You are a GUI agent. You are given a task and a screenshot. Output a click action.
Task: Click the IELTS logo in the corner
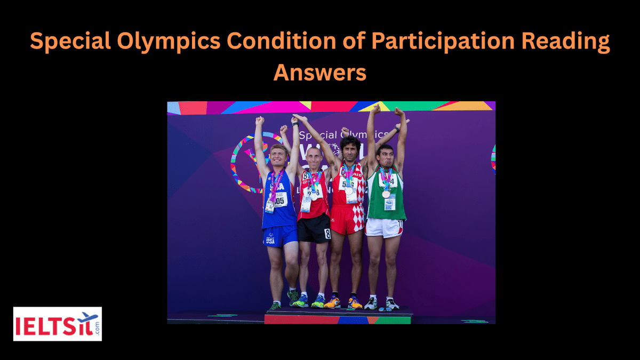click(x=57, y=324)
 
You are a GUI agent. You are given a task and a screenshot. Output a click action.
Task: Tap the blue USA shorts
click(x=279, y=235)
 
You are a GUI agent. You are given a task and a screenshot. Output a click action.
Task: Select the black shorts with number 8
click(x=314, y=229)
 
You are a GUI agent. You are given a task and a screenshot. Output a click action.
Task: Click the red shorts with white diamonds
click(x=347, y=219)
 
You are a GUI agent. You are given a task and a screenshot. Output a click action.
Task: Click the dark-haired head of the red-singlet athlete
click(x=350, y=148)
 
